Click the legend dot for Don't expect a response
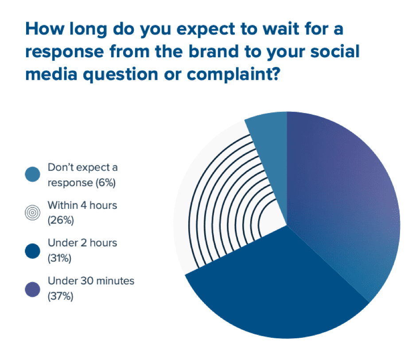[32, 175]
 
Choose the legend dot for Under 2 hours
[32, 250]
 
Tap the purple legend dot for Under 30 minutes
[32, 289]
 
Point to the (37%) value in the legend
[60, 296]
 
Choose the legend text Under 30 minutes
[91, 281]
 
